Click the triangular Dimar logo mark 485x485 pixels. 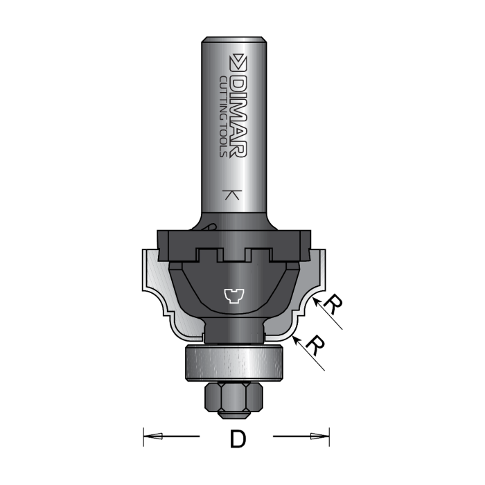click(x=239, y=62)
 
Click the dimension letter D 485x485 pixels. click(x=236, y=439)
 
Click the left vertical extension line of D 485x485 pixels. click(x=143, y=436)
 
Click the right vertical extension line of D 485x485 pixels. click(x=329, y=436)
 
